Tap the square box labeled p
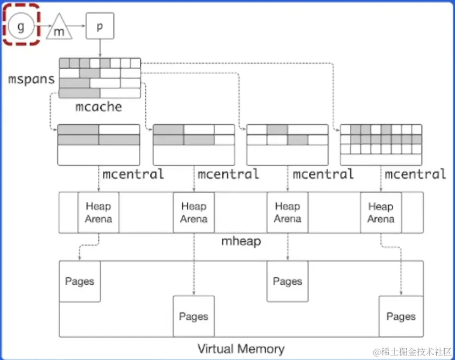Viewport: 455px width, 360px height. click(x=100, y=26)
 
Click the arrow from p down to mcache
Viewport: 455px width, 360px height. click(x=100, y=48)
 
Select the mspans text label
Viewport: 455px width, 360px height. click(x=31, y=79)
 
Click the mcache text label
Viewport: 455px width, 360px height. click(x=99, y=106)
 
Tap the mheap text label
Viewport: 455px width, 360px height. click(x=241, y=241)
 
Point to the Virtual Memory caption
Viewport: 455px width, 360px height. click(x=241, y=349)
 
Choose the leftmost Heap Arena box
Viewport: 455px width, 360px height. click(x=98, y=212)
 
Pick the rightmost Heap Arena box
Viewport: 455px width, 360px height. click(x=380, y=212)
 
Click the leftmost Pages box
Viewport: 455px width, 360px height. click(x=80, y=281)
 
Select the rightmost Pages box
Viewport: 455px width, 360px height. click(x=401, y=316)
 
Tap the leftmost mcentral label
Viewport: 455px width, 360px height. click(x=133, y=174)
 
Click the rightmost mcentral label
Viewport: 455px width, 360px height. click(x=415, y=174)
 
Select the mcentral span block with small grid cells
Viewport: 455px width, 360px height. click(x=381, y=144)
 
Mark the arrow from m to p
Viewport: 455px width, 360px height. click(x=80, y=26)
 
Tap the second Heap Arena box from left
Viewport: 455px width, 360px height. click(x=194, y=212)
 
